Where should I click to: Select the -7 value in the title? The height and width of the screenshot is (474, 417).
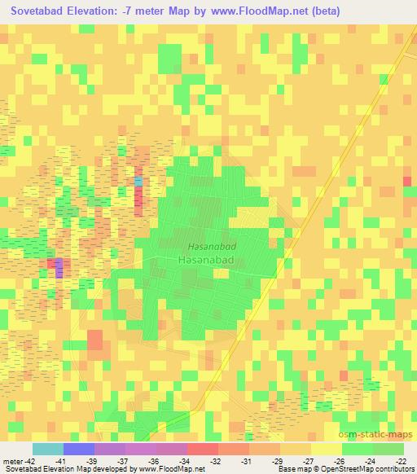click(x=143, y=11)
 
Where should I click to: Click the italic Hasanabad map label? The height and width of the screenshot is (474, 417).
click(x=212, y=245)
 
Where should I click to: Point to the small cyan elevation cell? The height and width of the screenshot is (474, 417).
click(x=138, y=180)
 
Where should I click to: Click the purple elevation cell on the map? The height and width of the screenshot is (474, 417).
click(x=59, y=271)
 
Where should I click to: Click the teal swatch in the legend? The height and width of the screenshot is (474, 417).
click(x=48, y=449)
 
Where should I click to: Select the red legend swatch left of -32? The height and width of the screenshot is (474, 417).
click(x=203, y=449)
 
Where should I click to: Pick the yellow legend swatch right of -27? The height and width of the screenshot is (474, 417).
click(x=327, y=449)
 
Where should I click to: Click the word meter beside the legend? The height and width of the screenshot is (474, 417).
click(x=12, y=460)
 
